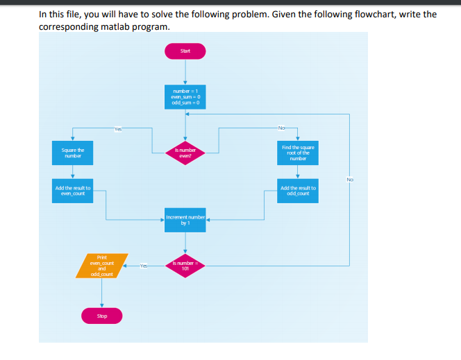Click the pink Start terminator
[185, 51]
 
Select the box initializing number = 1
[185, 96]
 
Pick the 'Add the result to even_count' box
[73, 191]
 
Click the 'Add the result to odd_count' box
[297, 191]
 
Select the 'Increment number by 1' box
[185, 220]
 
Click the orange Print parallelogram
[101, 266]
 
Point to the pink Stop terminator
[102, 316]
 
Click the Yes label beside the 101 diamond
[144, 266]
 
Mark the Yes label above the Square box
[118, 128]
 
